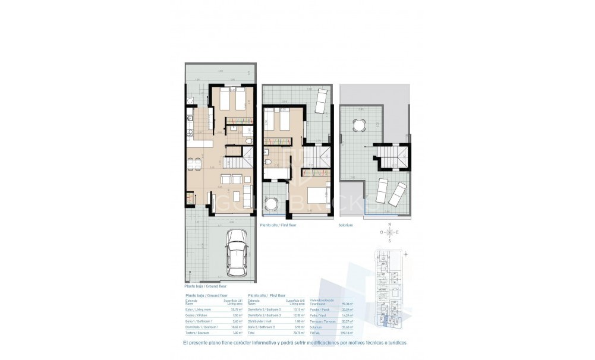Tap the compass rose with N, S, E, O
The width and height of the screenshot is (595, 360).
[389, 232]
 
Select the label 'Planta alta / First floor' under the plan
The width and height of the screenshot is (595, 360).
[279, 225]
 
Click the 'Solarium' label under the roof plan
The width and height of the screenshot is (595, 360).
[346, 225]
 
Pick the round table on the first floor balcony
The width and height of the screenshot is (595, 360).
[272, 203]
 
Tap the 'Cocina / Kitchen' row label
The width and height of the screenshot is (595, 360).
[196, 315]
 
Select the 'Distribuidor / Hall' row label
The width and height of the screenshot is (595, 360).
[262, 321]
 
